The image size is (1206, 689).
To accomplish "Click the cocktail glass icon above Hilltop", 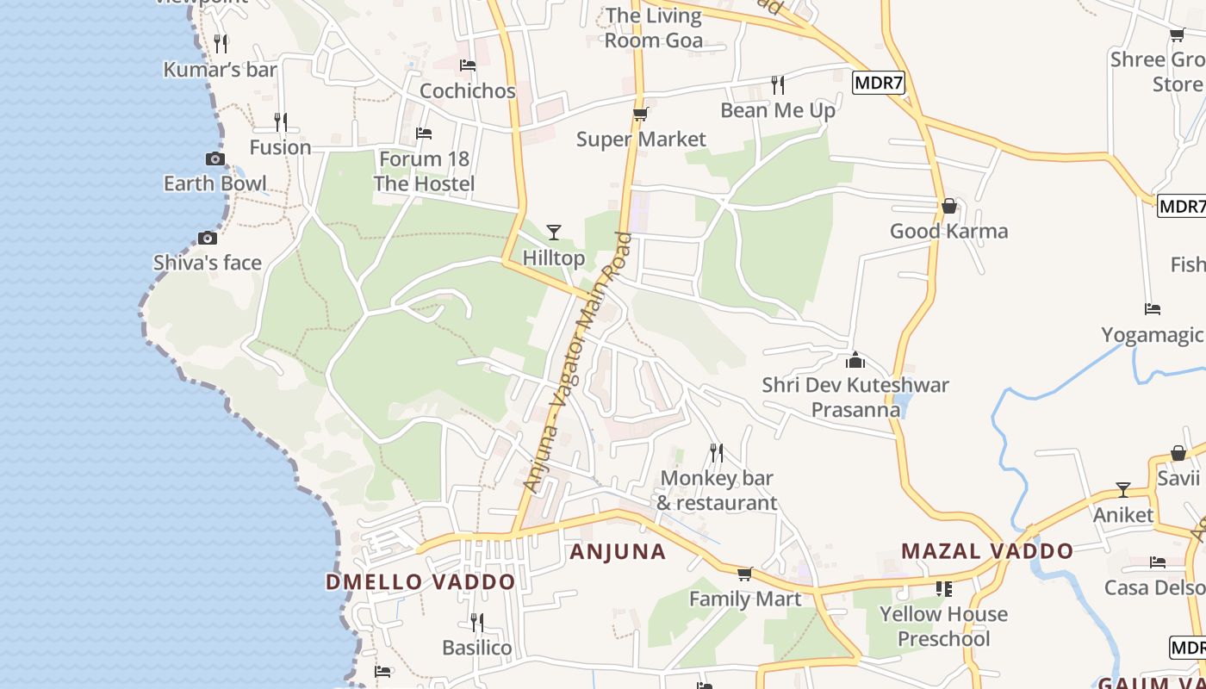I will point(554,232).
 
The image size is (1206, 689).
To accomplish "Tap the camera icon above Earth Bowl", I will point(215,158).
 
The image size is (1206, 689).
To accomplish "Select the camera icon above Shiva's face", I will point(208,238).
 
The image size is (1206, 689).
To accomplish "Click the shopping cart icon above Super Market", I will point(640,114).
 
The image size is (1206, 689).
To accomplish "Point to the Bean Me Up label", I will point(778,110).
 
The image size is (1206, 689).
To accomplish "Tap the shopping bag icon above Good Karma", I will point(948,206).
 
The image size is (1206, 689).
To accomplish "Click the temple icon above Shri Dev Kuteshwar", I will point(855,360).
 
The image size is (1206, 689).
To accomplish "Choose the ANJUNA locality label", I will point(618,552).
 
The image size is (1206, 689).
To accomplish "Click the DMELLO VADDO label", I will point(420,582).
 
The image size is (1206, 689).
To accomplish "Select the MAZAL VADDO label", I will point(987,551).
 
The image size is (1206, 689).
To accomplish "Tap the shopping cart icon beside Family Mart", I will point(745,574).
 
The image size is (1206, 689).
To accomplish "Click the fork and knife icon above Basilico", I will point(476,622).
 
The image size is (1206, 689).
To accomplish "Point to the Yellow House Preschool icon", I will point(943,589).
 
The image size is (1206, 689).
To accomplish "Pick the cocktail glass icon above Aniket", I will point(1123,490).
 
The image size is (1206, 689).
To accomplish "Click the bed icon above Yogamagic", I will point(1153,309).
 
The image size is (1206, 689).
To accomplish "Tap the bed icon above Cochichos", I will point(468,65).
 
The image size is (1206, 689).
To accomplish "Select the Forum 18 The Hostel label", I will point(424,171).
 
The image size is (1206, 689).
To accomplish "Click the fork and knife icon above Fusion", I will point(280,121).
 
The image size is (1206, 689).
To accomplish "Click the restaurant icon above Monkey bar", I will point(716,452).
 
